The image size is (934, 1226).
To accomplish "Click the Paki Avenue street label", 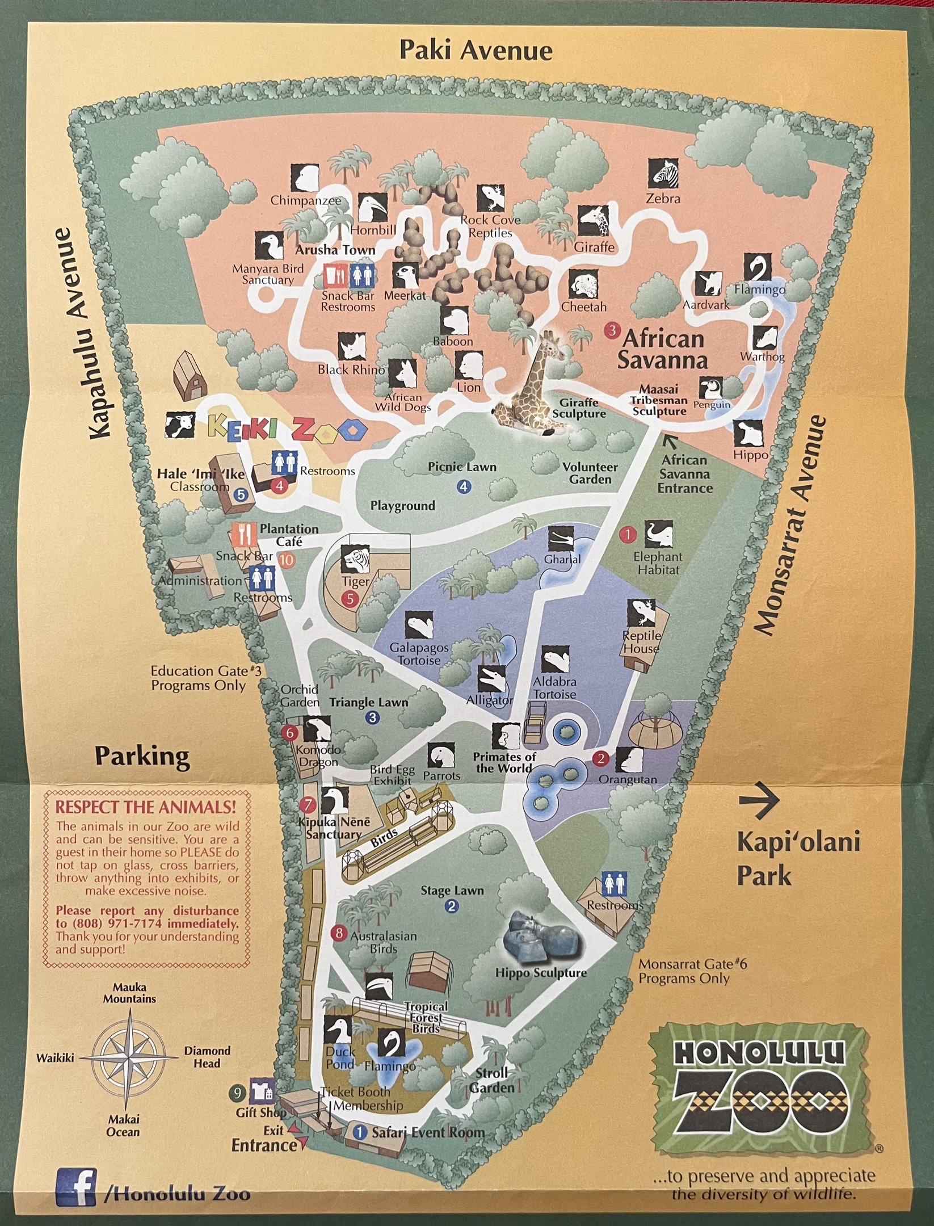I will pos(476,50).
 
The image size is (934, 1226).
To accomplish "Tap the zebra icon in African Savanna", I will pos(663,174).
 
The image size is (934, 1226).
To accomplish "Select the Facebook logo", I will pos(76,1187).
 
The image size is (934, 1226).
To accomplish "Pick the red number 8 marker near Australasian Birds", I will pos(339,933).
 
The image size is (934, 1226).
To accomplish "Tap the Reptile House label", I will pos(641,642).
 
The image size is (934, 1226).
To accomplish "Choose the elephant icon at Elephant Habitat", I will pos(658,535).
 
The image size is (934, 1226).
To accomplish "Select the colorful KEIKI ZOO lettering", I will pos(287,429).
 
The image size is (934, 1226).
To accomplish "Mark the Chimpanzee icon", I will pos(305,178).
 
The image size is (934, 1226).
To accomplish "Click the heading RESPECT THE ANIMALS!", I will pos(145,807).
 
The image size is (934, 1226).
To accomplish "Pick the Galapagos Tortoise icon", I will pos(419,626).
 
